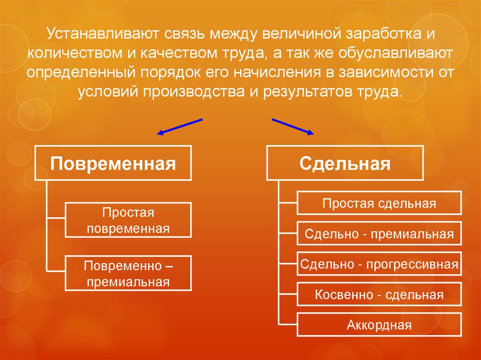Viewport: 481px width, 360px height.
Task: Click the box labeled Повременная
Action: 113,163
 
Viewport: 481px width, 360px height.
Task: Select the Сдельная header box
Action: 345,163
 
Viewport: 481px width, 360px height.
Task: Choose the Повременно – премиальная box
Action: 128,273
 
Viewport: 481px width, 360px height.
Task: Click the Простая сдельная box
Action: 379,203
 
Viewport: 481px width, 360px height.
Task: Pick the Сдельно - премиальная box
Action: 379,234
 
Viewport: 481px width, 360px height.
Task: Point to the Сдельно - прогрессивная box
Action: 379,264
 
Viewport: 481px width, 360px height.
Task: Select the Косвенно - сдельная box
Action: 379,295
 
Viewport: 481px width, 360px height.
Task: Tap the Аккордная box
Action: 379,325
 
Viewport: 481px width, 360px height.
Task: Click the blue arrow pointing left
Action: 179,127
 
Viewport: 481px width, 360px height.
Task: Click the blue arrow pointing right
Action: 293,127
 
